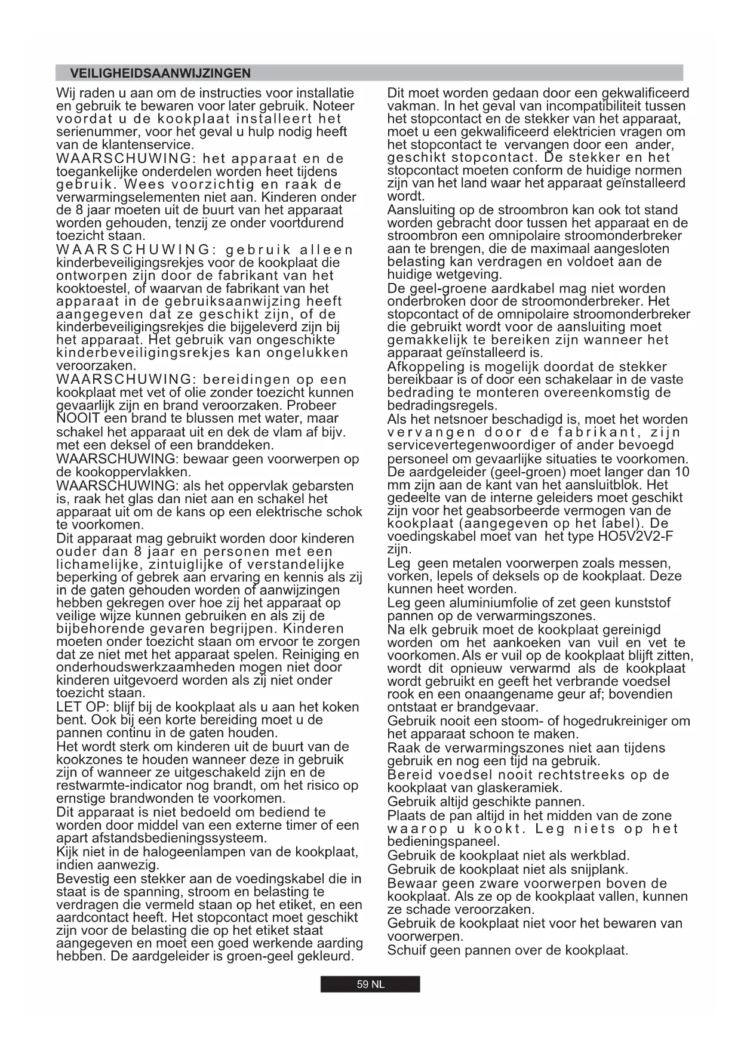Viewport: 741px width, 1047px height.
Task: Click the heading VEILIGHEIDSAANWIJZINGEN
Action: pos(160,73)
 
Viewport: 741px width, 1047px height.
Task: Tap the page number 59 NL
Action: pos(370,984)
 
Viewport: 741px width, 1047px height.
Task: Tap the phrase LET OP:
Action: pos(77,707)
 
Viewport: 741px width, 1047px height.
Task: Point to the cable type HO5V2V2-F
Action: pos(635,536)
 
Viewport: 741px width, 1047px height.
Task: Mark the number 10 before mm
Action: pos(681,472)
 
